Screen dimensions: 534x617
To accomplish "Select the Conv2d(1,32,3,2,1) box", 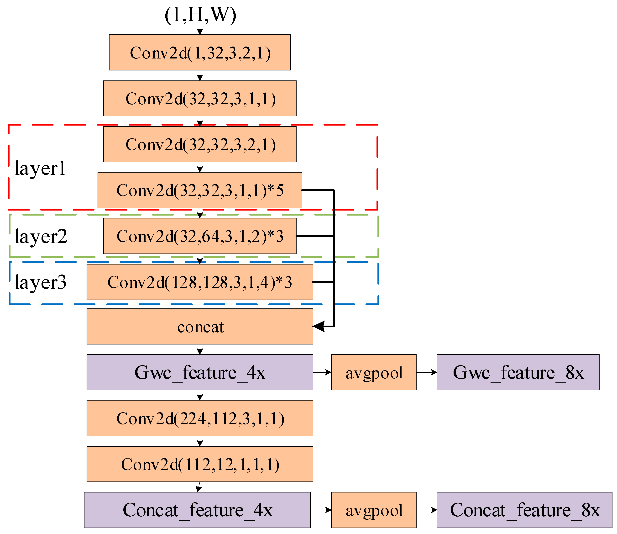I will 200,53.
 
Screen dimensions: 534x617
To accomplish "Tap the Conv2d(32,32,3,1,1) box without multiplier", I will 200,98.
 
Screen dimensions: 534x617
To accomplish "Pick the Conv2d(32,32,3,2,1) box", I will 200,144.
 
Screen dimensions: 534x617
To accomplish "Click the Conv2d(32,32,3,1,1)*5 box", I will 200,190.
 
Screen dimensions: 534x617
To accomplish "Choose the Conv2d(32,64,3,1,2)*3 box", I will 200,236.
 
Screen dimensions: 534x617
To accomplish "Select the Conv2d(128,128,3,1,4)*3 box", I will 200,282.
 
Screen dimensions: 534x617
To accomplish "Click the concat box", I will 200,327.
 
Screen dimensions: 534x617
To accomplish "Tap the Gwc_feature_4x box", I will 200,372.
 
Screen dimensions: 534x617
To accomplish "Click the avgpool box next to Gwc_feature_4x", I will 374,372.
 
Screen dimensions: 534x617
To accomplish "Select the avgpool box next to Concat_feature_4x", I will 374,510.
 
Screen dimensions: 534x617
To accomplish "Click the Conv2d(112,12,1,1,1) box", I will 200,464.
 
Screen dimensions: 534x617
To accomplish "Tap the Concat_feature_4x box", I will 197,510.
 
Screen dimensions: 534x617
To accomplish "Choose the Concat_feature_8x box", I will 524,510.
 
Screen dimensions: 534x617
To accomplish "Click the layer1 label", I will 40,168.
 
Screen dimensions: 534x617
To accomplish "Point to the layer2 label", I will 41,236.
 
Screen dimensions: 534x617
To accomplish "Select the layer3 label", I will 41,282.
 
